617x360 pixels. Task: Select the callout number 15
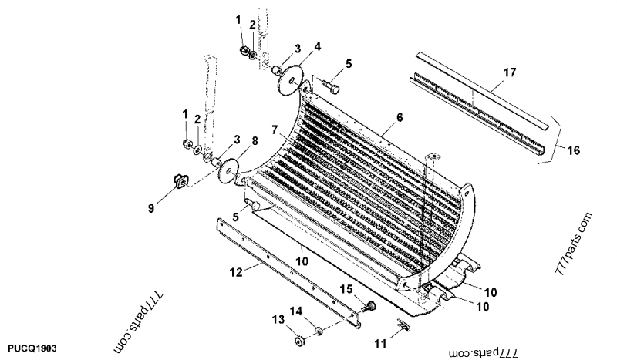[x=347, y=288]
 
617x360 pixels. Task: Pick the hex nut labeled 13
[x=297, y=338]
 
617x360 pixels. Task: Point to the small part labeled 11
[x=402, y=328]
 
